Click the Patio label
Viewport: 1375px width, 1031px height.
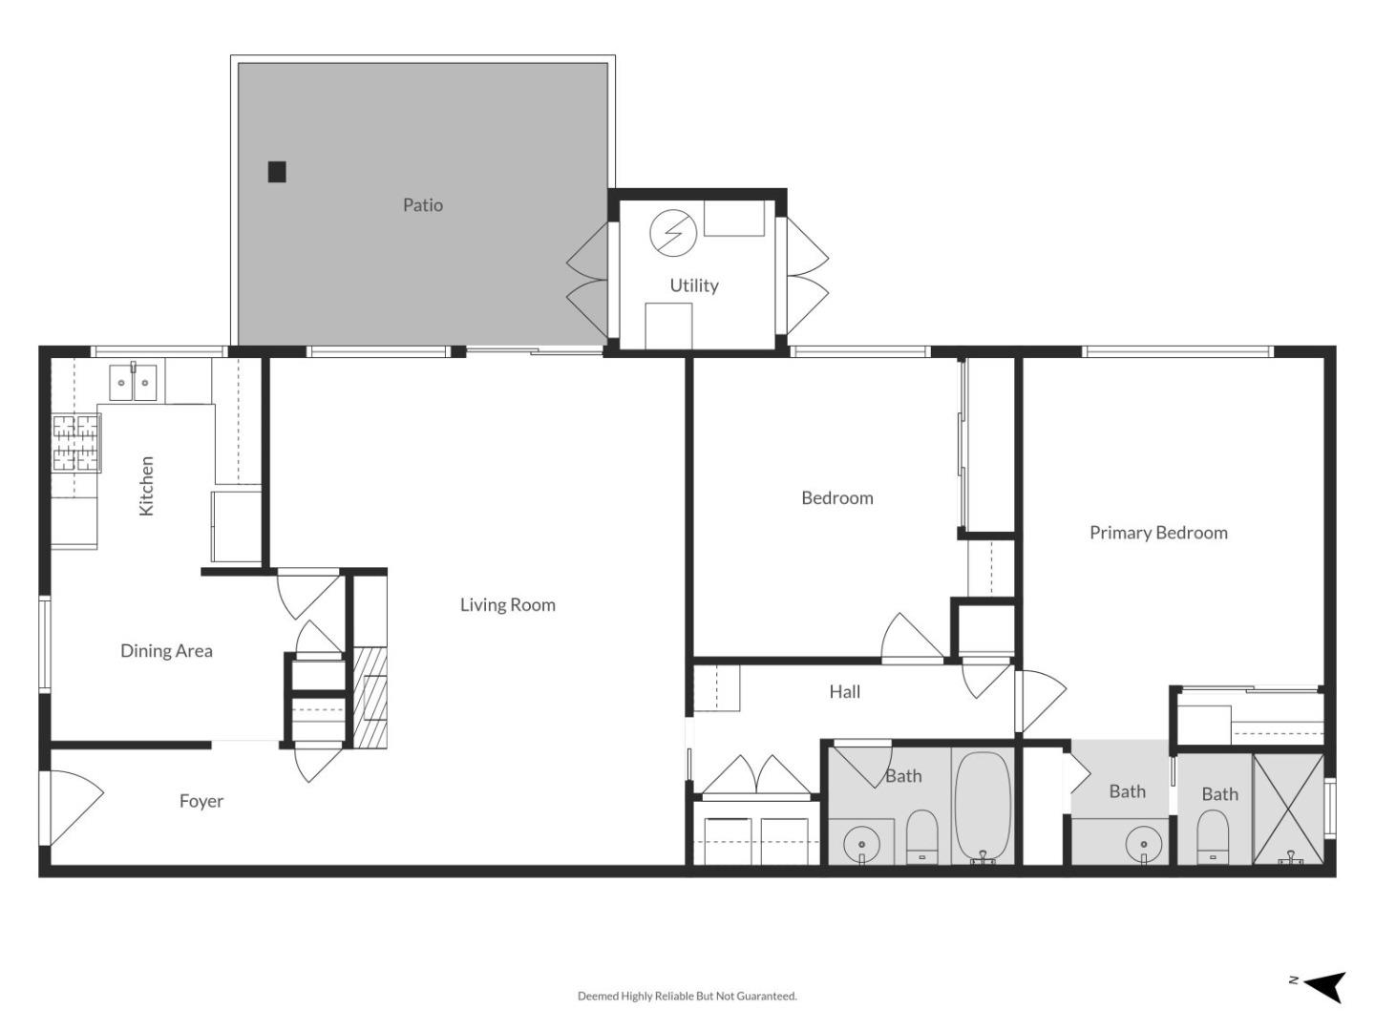[x=422, y=204]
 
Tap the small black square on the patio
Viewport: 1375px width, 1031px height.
[x=277, y=172]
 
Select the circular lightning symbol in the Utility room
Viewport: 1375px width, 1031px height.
[x=673, y=233]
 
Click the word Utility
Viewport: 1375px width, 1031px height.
[x=693, y=284]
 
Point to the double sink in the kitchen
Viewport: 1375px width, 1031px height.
[x=132, y=383]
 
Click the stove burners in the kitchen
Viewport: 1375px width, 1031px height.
[x=76, y=443]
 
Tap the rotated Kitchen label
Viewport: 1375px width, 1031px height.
[x=146, y=486]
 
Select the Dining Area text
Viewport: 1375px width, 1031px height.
[x=166, y=650]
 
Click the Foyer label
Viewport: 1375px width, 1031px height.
[x=201, y=801]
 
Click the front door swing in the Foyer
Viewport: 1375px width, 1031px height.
[x=73, y=807]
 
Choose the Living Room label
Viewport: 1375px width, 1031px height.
[x=507, y=604]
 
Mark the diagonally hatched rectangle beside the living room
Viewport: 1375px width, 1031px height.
[x=370, y=697]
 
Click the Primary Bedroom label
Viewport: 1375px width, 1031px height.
[x=1158, y=533]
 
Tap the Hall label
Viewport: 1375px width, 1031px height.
[x=844, y=691]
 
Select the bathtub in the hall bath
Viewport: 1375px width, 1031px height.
[x=983, y=805]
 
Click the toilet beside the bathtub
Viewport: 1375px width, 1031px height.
[x=921, y=835]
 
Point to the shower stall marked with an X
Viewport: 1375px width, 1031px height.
[x=1288, y=810]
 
